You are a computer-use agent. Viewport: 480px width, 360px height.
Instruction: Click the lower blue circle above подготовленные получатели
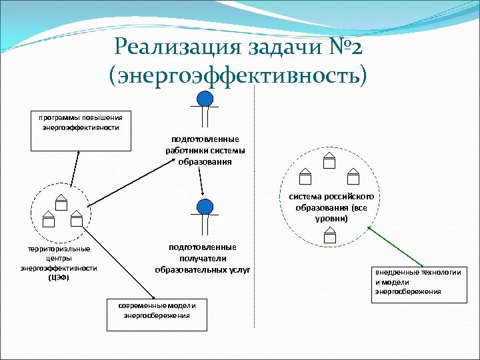205,207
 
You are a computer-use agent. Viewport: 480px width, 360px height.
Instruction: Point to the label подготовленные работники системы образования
205,151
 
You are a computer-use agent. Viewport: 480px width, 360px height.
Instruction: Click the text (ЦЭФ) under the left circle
59,277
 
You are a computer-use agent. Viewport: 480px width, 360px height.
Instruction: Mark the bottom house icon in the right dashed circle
329,235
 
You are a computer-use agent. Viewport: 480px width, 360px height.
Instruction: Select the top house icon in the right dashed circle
328,161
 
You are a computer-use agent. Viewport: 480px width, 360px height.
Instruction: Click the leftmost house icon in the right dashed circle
305,176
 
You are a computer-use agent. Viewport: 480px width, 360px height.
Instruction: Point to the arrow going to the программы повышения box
74,173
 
